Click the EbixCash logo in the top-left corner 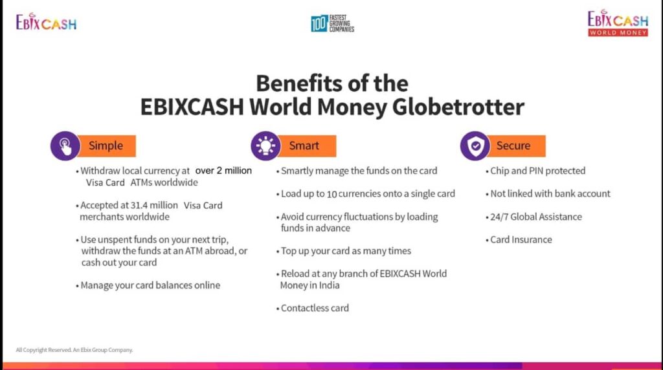click(x=46, y=22)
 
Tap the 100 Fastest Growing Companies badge click(x=332, y=24)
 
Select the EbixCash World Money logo click(x=618, y=23)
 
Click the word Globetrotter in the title click(x=458, y=107)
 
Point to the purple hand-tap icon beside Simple click(x=65, y=146)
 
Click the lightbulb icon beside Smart click(x=265, y=146)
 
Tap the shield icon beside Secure click(x=475, y=146)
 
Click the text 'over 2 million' click(x=223, y=171)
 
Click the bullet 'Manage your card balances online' click(x=148, y=285)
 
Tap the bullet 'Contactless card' click(x=313, y=309)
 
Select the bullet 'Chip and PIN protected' click(x=535, y=171)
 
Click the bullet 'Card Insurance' click(x=519, y=240)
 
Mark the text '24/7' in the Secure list click(x=499, y=217)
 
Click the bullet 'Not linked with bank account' click(x=548, y=194)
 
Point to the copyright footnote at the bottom click(x=74, y=350)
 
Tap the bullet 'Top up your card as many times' click(x=344, y=252)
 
